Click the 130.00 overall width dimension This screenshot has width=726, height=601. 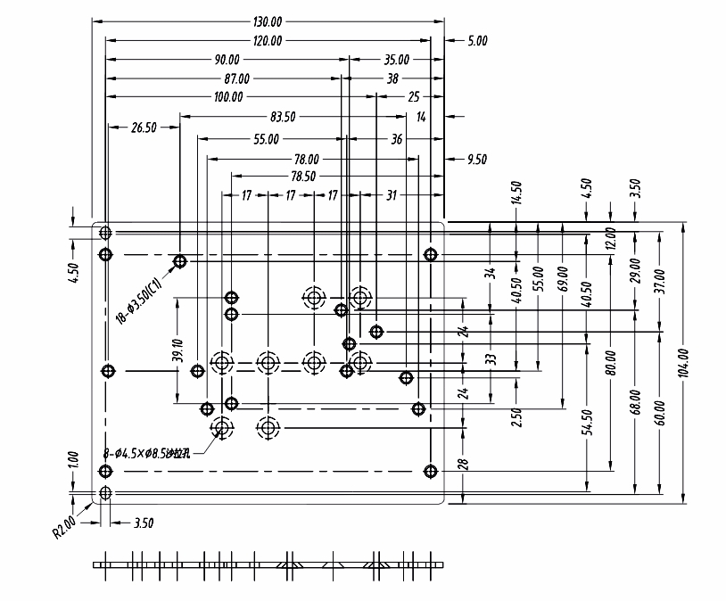tap(268, 21)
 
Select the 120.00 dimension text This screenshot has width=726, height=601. tap(268, 40)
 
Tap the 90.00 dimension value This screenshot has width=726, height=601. tap(227, 60)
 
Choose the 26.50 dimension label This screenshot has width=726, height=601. tap(143, 128)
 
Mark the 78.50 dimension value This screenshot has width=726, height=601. tap(302, 177)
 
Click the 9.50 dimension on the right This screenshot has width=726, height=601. tap(477, 160)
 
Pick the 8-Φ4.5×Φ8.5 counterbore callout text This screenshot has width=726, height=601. tap(159, 455)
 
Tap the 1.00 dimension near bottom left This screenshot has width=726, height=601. tap(74, 460)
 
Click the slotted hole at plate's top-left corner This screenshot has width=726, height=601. tap(105, 233)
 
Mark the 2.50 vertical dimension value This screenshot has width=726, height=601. tap(516, 416)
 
